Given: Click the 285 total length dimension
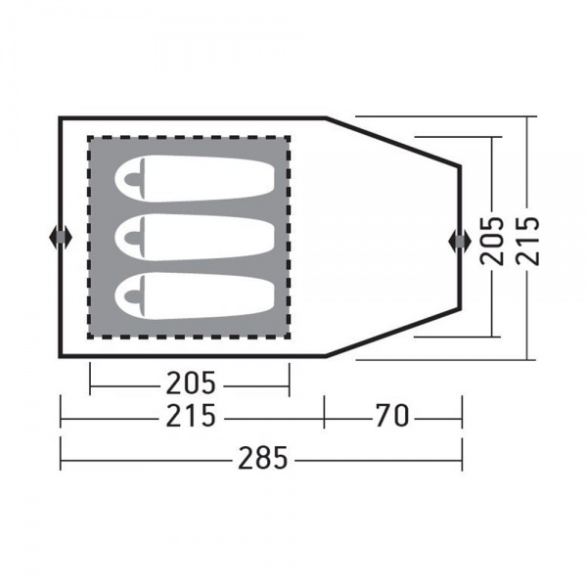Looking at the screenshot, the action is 263,458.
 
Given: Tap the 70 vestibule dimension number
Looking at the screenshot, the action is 392,416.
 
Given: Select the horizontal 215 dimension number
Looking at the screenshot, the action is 191,416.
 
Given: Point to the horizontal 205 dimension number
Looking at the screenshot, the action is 191,383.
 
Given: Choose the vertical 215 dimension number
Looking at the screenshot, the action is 527,241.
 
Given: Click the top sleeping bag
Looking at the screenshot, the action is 195,179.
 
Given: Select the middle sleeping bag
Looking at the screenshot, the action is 195,238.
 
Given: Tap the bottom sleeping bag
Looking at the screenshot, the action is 195,296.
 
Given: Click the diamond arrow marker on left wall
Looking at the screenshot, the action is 61,237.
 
